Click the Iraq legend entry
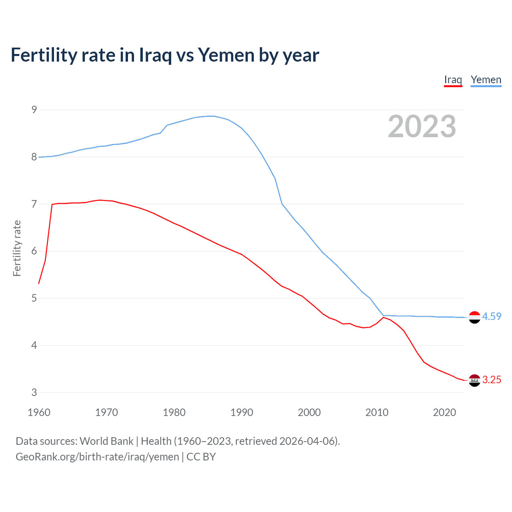click(453, 80)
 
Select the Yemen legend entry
click(486, 80)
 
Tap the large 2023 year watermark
click(422, 126)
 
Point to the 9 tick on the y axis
click(34, 110)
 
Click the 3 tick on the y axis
click(34, 392)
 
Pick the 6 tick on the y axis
click(34, 251)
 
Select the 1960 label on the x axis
click(39, 412)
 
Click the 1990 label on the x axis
click(242, 412)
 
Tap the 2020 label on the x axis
click(444, 412)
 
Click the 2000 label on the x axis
click(309, 412)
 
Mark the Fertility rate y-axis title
click(17, 248)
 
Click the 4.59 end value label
click(492, 316)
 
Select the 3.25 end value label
click(492, 380)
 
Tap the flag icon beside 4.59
click(474, 317)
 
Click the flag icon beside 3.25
click(474, 380)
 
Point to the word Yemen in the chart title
click(226, 55)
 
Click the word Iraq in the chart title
click(155, 55)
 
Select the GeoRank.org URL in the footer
click(97, 457)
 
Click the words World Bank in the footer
click(106, 441)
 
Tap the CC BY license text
click(201, 457)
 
